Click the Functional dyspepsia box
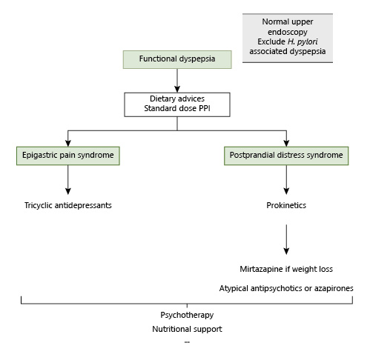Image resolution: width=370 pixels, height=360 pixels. [x=177, y=59]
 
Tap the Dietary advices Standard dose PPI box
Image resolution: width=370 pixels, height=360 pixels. [x=177, y=104]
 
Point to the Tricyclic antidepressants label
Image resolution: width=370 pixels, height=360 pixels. [x=68, y=204]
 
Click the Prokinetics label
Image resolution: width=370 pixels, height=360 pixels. [x=286, y=204]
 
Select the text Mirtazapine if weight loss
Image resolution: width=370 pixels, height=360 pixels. [x=286, y=270]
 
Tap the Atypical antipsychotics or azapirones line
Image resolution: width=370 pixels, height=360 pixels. [x=286, y=287]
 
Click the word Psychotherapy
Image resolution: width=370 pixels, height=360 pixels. [x=187, y=315]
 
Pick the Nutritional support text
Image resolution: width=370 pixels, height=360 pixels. [x=187, y=328]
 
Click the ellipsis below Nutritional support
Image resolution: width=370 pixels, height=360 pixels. [x=187, y=341]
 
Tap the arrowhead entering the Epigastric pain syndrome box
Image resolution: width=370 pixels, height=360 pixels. [x=68, y=143]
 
